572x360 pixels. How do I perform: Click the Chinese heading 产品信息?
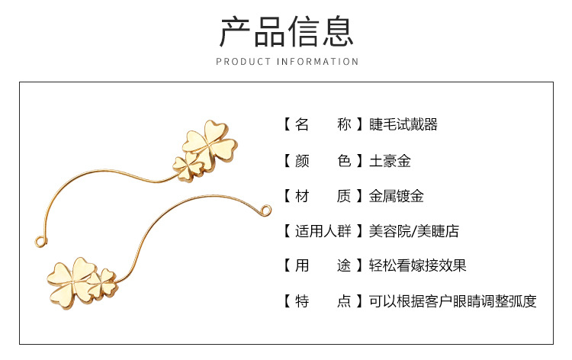[286, 31]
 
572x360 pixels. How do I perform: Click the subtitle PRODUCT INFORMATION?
[286, 62]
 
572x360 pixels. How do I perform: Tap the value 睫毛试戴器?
[403, 125]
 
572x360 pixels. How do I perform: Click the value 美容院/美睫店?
[413, 231]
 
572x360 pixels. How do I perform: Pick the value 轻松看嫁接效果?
[417, 266]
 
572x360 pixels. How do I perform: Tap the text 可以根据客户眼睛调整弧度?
[452, 301]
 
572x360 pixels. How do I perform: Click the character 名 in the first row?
[301, 125]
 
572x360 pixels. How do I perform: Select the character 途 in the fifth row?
[344, 266]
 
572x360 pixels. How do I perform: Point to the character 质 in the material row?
[344, 196]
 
